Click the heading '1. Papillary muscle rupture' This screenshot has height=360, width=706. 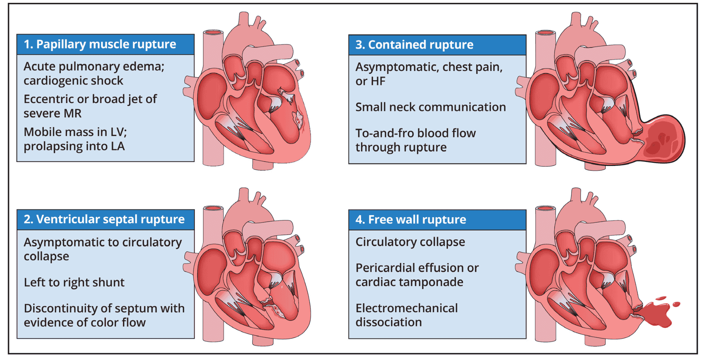(100, 44)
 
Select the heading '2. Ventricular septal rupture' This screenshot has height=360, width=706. (104, 219)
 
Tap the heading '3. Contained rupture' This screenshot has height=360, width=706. (414, 45)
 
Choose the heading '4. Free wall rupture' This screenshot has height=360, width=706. (411, 220)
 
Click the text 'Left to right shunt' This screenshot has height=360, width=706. (74, 282)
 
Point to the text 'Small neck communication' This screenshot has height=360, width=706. (430, 107)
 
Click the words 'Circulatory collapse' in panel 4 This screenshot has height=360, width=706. (410, 241)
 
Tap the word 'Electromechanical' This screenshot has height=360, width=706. (407, 308)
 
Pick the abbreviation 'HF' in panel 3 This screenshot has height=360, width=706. (378, 81)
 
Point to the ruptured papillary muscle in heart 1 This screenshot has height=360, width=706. (299, 119)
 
